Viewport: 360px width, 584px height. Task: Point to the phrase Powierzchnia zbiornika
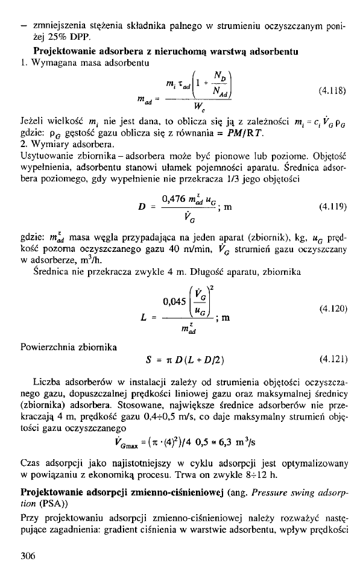(63, 347)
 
